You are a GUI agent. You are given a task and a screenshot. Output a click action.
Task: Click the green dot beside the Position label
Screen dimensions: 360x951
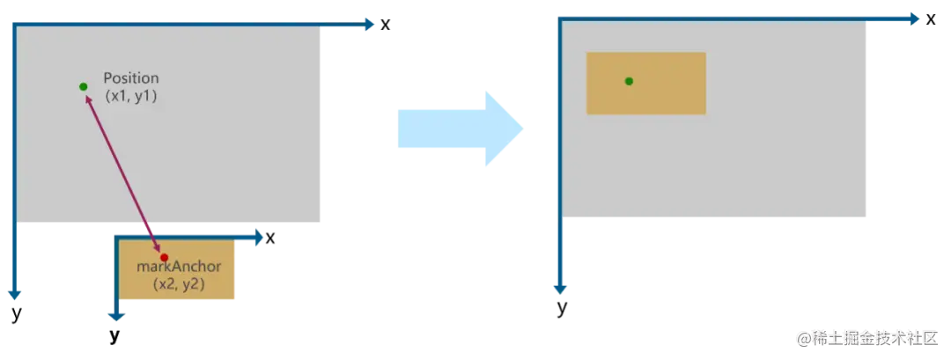tap(83, 86)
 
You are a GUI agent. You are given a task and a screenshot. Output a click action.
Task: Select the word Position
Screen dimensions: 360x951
tap(131, 78)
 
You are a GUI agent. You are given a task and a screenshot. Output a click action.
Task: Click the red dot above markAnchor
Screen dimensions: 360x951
tap(164, 257)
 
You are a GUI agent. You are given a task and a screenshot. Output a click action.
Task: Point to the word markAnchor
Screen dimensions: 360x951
tap(179, 267)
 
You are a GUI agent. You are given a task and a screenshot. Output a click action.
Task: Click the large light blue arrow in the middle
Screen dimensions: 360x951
tap(461, 126)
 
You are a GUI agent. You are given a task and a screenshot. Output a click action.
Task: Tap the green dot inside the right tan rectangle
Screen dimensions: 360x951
tap(629, 81)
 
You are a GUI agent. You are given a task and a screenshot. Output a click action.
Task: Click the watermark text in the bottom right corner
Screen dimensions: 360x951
tap(872, 337)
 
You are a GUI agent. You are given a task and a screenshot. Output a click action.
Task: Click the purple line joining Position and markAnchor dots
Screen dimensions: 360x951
tap(123, 173)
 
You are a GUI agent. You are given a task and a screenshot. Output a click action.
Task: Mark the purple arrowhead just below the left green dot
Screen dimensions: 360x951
tap(89, 99)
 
